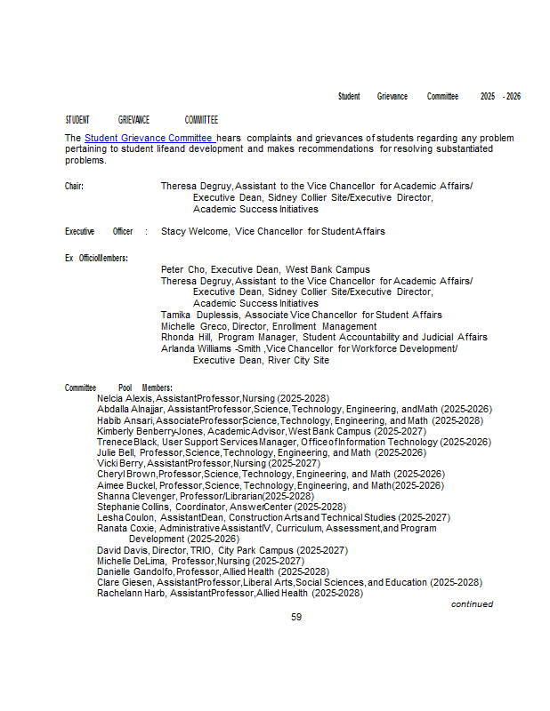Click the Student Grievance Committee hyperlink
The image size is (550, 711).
(x=150, y=139)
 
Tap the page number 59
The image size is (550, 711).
(x=296, y=617)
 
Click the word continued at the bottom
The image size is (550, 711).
(x=472, y=604)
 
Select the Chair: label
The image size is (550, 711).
(x=74, y=187)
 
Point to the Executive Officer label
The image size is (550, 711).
(x=99, y=231)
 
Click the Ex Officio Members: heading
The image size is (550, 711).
(x=96, y=258)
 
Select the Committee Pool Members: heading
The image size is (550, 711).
(x=118, y=388)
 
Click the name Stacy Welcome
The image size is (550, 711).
(x=195, y=231)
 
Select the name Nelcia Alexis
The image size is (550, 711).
(x=125, y=399)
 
